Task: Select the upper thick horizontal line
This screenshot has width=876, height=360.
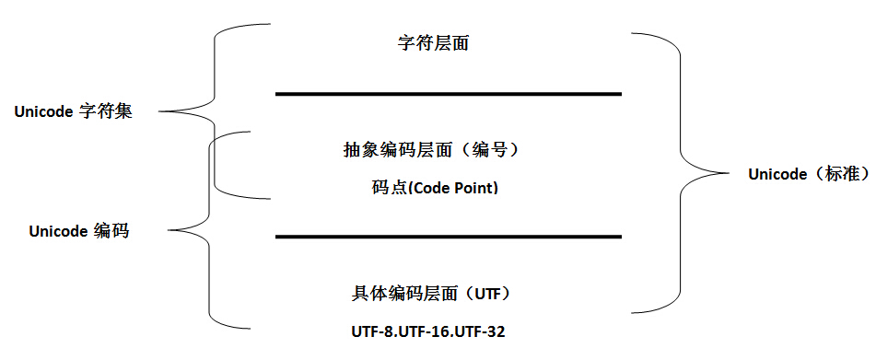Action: tap(448, 94)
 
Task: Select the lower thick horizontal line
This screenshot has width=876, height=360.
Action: tap(448, 237)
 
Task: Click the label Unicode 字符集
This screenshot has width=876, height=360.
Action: tap(74, 112)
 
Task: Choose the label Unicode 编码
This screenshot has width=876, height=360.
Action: tap(78, 231)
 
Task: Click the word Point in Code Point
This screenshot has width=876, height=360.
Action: tap(476, 188)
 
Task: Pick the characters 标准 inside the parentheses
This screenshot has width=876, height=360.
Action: tap(837, 174)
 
